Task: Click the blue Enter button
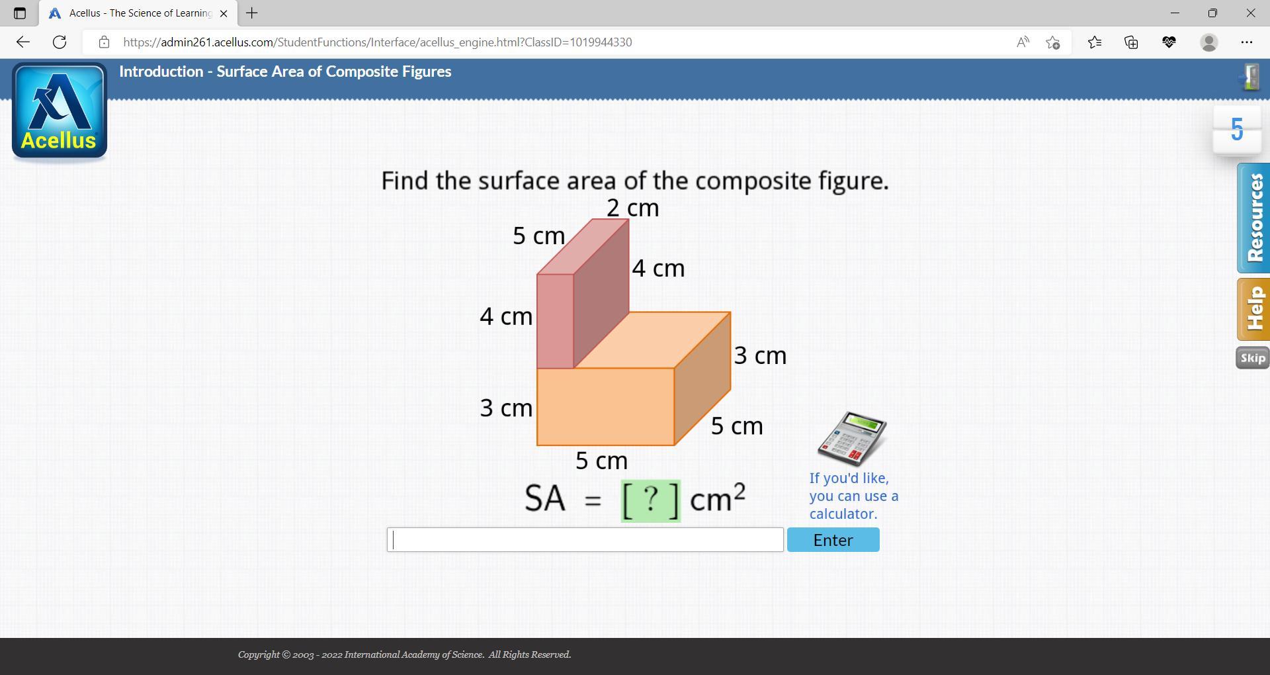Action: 833,540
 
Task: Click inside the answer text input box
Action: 585,540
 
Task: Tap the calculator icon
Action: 852,438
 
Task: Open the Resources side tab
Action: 1253,218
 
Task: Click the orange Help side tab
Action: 1253,309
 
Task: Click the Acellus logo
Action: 60,112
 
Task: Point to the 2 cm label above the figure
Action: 632,208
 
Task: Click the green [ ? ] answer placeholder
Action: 650,500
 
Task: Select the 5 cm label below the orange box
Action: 601,461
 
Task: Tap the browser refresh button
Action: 60,42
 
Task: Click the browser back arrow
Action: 23,42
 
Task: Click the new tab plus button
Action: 252,13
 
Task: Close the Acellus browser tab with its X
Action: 224,13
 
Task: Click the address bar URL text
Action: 377,42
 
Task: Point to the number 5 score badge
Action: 1237,130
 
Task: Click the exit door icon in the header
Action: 1249,77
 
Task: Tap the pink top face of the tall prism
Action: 583,246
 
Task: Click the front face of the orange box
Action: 605,406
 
